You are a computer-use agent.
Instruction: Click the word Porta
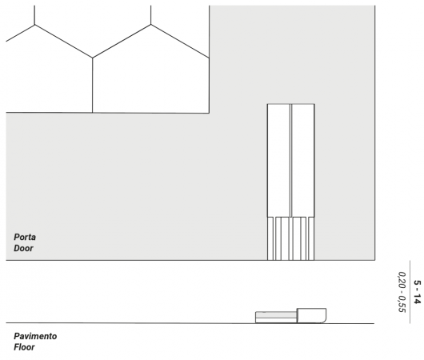coord(25,238)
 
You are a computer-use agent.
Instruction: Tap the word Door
coord(23,248)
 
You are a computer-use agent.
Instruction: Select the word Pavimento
coord(35,336)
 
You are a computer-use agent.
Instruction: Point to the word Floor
coord(24,347)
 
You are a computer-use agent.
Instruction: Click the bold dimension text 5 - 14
coord(418,292)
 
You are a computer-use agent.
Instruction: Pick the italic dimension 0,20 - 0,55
coord(402,292)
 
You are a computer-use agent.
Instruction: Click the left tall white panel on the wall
coord(278,160)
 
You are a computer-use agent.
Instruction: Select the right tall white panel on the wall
coord(303,160)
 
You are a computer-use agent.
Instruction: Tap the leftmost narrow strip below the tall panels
coord(270,238)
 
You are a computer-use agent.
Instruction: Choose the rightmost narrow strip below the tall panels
coord(311,238)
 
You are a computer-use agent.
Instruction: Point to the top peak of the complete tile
coord(151,25)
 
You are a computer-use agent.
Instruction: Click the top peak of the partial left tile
coord(34,25)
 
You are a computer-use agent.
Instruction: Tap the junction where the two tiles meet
coord(93,58)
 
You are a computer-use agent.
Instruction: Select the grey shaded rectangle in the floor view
coord(276,315)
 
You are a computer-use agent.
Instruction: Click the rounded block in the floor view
coord(311,315)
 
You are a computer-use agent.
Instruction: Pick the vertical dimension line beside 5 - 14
coord(410,292)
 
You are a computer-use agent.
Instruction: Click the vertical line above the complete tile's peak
coord(151,15)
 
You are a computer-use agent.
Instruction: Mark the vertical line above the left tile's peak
coord(34,15)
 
